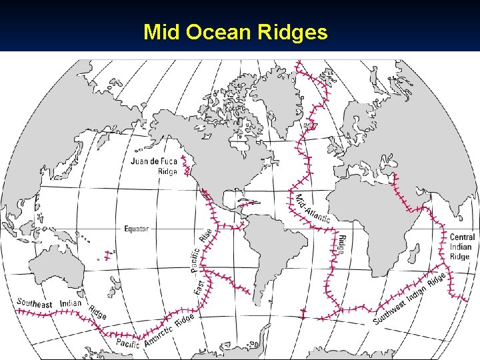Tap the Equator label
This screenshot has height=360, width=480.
(x=137, y=229)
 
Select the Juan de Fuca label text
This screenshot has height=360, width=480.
(x=154, y=161)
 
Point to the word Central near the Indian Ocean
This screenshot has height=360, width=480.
(x=462, y=237)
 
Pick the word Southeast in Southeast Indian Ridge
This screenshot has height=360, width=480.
(x=35, y=303)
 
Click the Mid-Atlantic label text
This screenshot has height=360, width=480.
(x=312, y=209)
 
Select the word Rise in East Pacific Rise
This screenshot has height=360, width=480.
(x=205, y=235)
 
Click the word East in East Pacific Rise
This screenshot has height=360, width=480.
(x=199, y=287)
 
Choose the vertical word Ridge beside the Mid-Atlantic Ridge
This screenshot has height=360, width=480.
(x=342, y=244)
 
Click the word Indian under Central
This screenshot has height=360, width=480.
(x=461, y=247)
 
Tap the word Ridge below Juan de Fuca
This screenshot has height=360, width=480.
(x=167, y=171)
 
